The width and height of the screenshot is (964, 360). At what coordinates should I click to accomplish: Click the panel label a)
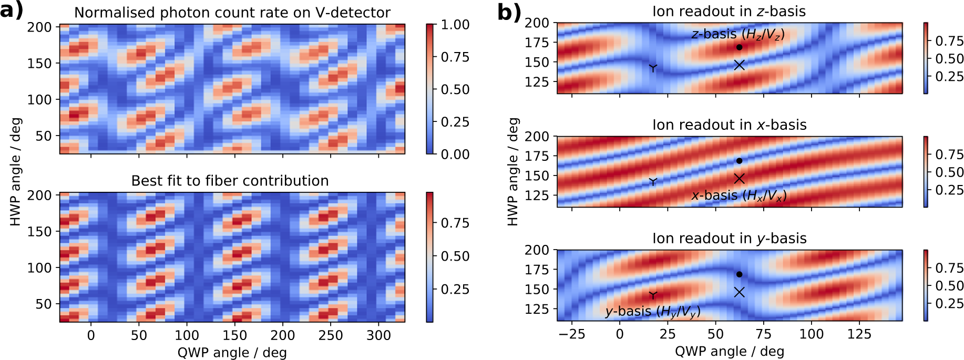[12, 11]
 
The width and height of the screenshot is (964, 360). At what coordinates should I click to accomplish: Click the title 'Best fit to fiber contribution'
[230, 181]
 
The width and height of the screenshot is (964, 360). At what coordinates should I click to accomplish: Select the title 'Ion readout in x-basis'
[729, 125]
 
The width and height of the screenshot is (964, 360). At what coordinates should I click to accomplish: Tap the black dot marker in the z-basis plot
[739, 47]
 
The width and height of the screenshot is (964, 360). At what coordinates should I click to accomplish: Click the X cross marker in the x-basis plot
[739, 179]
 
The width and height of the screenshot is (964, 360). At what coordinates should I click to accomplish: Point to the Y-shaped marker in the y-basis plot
[653, 295]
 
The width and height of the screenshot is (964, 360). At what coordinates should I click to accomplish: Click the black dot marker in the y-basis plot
[739, 274]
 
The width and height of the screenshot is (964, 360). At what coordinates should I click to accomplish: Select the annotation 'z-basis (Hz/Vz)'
[737, 35]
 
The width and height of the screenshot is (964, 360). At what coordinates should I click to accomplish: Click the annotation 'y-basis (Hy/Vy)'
[652, 312]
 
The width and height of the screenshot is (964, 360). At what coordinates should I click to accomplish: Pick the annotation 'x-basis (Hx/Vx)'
[739, 196]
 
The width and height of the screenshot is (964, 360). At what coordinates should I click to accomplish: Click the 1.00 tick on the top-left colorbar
[455, 25]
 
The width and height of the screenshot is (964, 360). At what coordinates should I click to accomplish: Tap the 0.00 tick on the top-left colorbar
[455, 154]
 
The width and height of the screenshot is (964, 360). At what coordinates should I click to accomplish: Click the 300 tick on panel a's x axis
[378, 335]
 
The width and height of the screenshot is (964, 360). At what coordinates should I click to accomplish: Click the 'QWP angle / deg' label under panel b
[729, 351]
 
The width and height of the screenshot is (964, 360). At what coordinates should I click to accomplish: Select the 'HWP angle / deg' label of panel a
[16, 172]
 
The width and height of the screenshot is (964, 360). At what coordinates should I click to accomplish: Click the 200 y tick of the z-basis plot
[537, 23]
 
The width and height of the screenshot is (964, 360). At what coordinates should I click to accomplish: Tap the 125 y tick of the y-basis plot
[537, 309]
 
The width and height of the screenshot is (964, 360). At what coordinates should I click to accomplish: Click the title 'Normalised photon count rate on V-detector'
[232, 13]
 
